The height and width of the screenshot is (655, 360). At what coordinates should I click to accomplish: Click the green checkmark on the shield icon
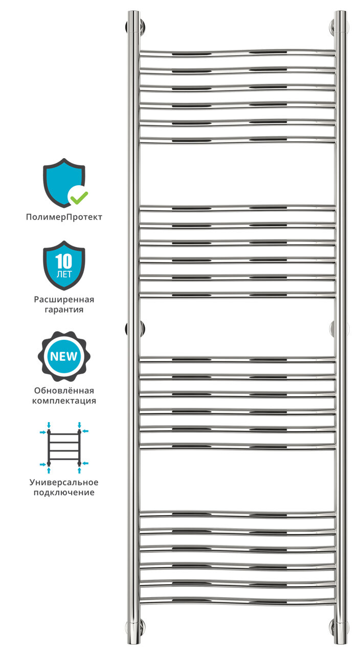tap(79, 195)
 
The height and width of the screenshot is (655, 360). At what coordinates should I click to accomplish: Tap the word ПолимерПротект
tap(64, 217)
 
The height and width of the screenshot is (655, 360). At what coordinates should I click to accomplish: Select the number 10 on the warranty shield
tap(64, 262)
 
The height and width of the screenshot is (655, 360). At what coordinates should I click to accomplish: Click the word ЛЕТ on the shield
tap(64, 274)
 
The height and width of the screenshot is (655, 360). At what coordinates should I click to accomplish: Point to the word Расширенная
tap(64, 299)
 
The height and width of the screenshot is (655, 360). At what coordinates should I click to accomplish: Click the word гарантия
tap(64, 310)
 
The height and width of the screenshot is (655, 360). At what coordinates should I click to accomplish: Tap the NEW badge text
tap(64, 356)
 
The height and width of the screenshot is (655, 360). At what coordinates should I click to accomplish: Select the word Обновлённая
tap(64, 390)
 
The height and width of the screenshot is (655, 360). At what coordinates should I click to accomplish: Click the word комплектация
tap(64, 401)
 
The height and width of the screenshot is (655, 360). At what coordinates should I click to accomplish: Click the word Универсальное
tap(64, 482)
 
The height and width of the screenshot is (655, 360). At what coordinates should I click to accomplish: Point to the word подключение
tap(64, 492)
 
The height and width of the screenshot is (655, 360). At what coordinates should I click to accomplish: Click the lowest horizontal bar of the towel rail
tap(237, 600)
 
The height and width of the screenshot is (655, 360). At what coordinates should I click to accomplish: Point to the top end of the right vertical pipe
tap(340, 14)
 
